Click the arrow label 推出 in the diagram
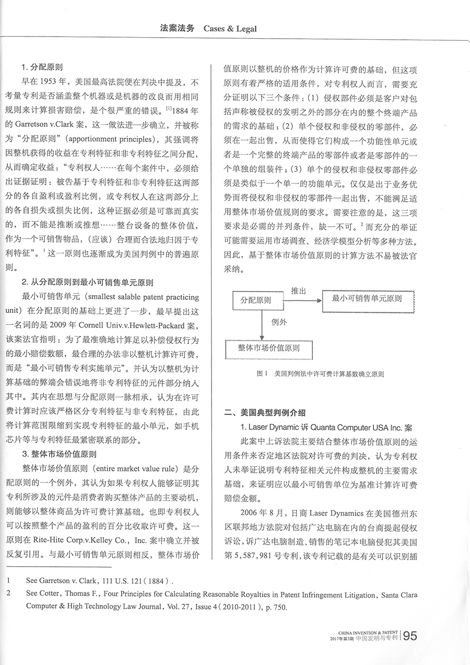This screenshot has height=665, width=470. [298, 290]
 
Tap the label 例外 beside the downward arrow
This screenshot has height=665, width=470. [279, 322]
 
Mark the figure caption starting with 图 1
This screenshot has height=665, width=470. [321, 374]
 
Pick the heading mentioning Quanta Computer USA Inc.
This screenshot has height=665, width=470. [324, 427]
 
